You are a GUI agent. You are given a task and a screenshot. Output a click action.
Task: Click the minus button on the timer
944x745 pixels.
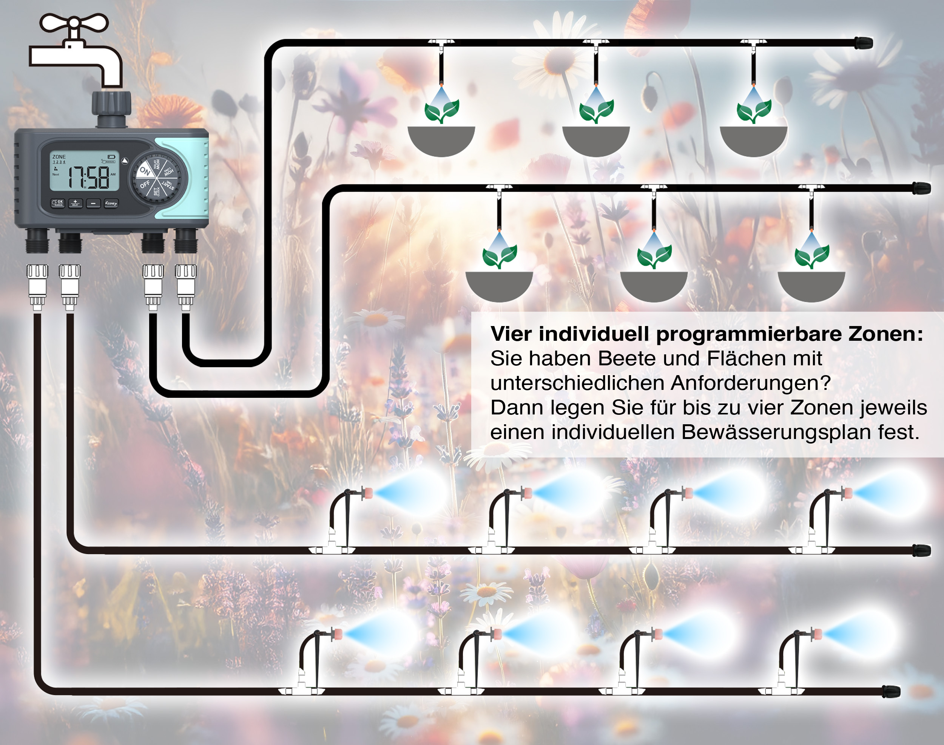[93, 203]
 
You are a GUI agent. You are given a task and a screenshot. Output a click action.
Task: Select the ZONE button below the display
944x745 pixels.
[111, 203]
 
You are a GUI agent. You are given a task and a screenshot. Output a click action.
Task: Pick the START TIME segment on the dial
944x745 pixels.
[168, 185]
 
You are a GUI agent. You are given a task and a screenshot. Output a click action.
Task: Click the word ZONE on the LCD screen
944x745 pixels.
[59, 156]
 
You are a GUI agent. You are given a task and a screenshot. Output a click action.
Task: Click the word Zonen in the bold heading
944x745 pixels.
[885, 334]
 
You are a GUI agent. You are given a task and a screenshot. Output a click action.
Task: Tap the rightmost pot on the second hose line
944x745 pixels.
[811, 286]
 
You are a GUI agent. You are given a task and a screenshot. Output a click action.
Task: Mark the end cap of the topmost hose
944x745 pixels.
[863, 43]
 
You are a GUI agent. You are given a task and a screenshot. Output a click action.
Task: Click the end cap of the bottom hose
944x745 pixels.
[891, 691]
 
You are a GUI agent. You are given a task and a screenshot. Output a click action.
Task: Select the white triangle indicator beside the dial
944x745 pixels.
[125, 161]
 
